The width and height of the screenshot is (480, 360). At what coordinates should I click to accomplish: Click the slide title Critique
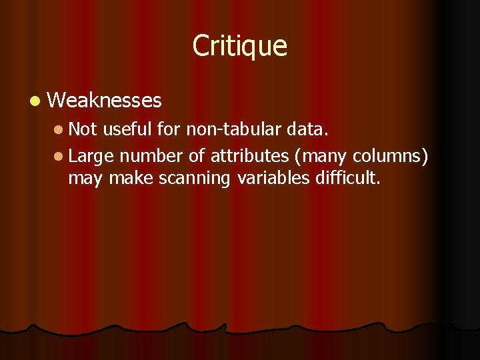coord(240,46)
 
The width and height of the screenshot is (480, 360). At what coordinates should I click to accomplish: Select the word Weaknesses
coord(105,101)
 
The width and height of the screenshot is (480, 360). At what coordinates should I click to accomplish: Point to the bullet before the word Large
coord(59,157)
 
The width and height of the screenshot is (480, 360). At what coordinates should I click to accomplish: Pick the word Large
coord(91,157)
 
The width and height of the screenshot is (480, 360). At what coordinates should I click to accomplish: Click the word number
coord(151,156)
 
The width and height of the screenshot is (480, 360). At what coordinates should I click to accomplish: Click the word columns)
coord(390,156)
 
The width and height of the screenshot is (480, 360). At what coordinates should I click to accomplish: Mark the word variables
coord(272,178)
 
